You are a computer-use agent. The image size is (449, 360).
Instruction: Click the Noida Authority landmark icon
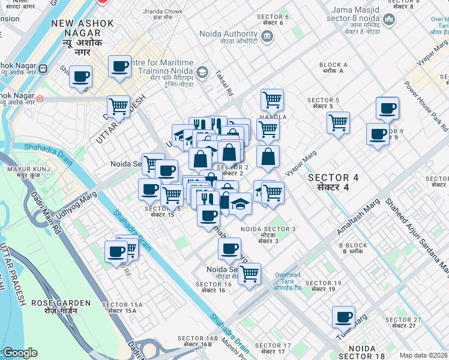(267, 37)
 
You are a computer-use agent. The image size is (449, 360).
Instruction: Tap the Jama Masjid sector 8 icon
(390, 22)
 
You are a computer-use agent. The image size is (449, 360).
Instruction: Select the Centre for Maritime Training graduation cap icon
(203, 72)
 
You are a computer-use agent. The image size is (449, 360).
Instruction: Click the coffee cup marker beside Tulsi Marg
(343, 317)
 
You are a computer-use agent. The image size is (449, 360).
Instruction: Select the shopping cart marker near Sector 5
(339, 122)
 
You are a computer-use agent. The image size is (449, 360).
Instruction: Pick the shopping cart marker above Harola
(272, 100)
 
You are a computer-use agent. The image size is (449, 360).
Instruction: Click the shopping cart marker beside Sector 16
(249, 274)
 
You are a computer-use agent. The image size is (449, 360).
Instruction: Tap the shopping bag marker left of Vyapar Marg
(268, 157)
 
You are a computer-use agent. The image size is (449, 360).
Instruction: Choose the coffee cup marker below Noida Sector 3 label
(229, 248)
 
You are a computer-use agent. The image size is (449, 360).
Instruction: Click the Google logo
(19, 353)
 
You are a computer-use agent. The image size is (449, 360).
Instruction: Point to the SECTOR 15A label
(122, 308)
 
